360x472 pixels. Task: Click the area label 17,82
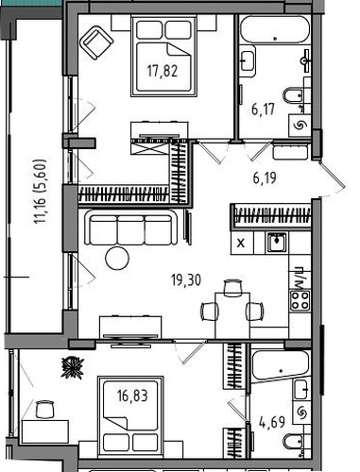163,71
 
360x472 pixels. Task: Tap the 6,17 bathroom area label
263,110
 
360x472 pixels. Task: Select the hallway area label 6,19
265,178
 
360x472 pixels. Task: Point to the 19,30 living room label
186,280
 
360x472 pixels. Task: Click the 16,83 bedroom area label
132,396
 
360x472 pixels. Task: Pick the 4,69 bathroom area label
272,422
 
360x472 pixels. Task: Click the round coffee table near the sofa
117,258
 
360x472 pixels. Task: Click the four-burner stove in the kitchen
300,301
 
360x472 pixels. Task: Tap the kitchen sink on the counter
277,243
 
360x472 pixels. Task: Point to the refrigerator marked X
242,243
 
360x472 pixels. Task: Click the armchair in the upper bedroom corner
96,42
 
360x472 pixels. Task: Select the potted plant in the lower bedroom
73,367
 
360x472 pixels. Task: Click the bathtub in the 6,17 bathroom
275,30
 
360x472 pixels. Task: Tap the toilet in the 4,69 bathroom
293,442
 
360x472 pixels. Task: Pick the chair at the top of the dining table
233,288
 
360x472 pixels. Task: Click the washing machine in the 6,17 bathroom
300,126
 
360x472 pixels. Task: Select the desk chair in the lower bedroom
44,410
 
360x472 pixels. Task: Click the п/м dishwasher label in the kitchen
298,278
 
